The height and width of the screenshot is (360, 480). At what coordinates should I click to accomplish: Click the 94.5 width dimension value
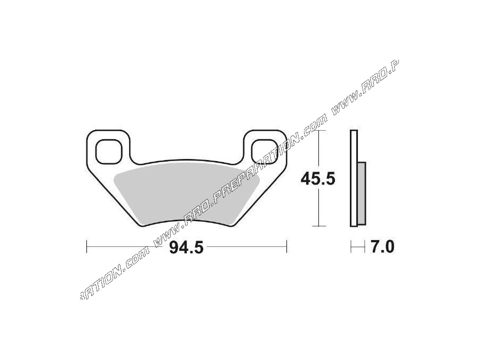click(x=186, y=247)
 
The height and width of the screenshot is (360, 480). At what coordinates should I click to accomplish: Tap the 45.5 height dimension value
click(x=318, y=179)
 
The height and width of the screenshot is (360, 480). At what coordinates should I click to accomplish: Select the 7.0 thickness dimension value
click(x=382, y=247)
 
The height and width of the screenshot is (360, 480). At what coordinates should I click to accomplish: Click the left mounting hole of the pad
click(x=109, y=151)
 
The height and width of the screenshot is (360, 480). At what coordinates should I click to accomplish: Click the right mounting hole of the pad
click(x=265, y=151)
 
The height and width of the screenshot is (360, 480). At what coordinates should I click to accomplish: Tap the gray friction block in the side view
click(x=362, y=193)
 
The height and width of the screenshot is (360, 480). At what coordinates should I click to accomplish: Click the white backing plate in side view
click(x=354, y=178)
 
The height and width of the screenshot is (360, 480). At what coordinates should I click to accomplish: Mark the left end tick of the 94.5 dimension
click(x=87, y=247)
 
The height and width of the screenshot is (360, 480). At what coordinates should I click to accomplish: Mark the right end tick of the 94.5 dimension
click(x=286, y=247)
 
